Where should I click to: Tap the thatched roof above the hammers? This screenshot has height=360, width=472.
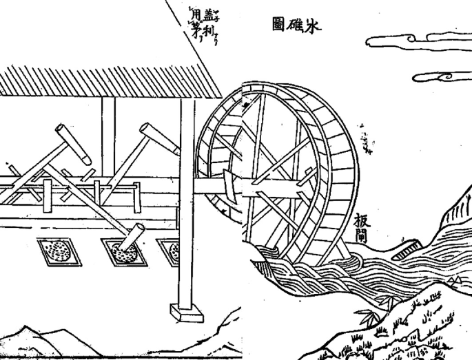pos(103,81)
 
